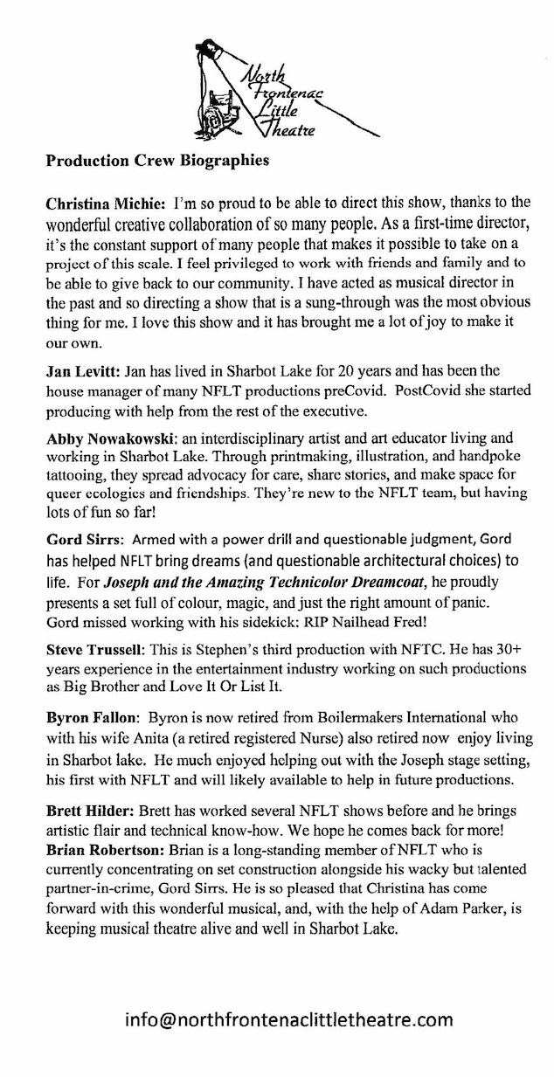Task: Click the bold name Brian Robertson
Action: (x=107, y=828)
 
